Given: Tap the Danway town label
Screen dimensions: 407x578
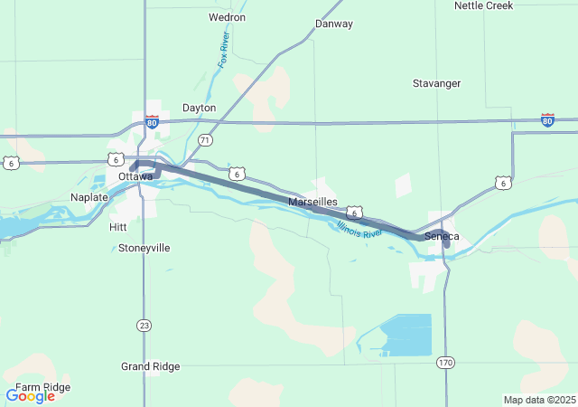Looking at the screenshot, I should coord(334,24).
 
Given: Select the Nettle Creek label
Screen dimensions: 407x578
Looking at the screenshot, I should coord(483,5).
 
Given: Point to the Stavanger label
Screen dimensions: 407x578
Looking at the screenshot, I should coord(437,83).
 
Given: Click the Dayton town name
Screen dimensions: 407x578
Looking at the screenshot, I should coord(200,108).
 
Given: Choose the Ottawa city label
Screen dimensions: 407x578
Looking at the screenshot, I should coord(135,176).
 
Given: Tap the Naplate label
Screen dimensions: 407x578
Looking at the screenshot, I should coord(89,196).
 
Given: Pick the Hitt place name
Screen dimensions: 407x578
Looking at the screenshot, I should coord(117,227).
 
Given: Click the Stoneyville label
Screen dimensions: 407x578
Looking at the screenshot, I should coord(144,248).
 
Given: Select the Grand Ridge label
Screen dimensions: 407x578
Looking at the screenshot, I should coord(151,366).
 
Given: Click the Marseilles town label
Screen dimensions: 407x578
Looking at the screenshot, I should coord(312,202).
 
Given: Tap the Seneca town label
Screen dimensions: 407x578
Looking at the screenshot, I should coord(442,237).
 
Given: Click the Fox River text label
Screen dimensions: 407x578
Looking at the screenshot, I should coord(224,51).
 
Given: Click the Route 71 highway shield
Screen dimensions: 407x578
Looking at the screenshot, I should coord(206,140).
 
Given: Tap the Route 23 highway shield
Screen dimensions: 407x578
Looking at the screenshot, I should coord(144,325).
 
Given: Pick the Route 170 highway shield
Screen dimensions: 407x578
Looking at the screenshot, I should coord(445,363).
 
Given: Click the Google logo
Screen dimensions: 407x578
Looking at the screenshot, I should coord(30,396).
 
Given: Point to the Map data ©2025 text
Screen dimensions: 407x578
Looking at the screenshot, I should coord(538,400).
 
